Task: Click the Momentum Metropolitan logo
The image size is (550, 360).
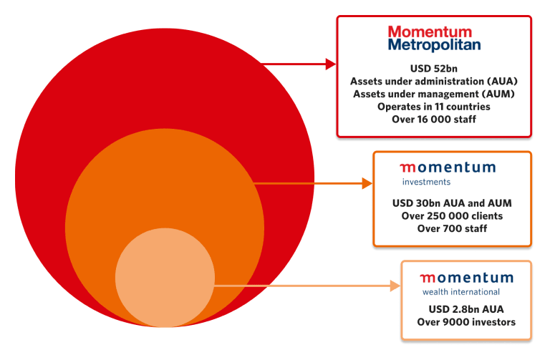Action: (x=434, y=38)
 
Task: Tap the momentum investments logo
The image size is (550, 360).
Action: (x=447, y=172)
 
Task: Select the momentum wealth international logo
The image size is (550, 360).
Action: (x=466, y=283)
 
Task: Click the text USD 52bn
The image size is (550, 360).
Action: (x=434, y=69)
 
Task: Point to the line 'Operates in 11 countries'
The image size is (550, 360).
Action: (x=434, y=107)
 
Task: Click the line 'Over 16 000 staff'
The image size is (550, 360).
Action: (x=434, y=120)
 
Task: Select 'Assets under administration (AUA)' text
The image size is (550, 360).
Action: (x=434, y=82)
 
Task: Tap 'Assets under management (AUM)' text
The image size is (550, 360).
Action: (x=434, y=94)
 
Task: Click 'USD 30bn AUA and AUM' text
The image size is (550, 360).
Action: (x=452, y=203)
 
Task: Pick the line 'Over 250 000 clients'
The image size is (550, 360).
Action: (x=452, y=216)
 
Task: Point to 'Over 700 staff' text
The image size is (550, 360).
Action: (x=452, y=229)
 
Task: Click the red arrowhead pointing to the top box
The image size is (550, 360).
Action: (x=330, y=64)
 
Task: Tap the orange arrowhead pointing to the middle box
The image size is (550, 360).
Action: (x=367, y=183)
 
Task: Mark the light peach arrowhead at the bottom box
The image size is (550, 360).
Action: (x=395, y=286)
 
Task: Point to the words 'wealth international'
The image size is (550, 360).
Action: (x=460, y=292)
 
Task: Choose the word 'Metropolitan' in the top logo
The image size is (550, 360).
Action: (x=434, y=45)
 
